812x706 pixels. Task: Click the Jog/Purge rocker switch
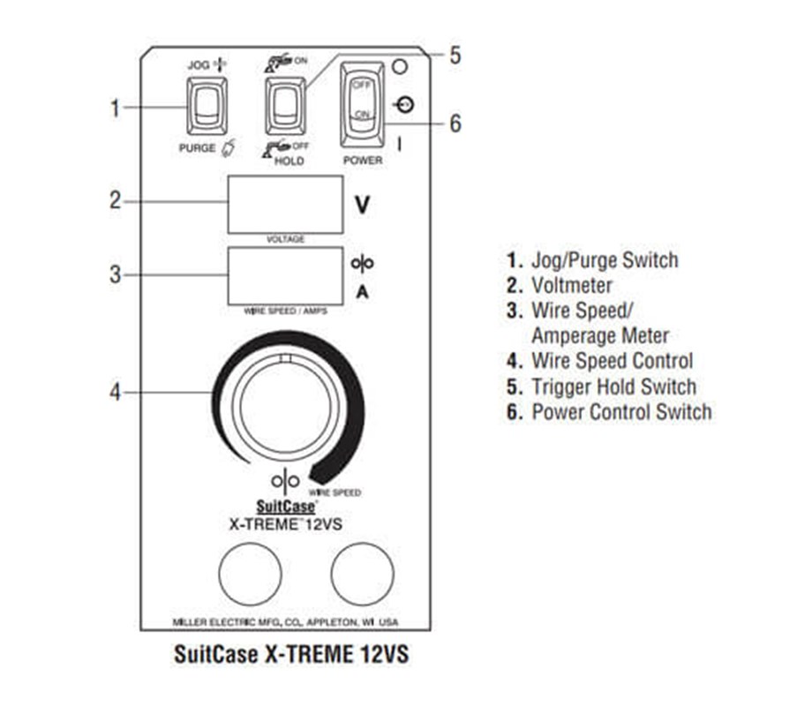click(x=207, y=106)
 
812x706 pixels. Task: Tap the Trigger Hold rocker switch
click(x=285, y=106)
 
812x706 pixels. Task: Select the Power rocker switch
click(x=363, y=105)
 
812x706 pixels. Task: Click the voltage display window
click(x=285, y=205)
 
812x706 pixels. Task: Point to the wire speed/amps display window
click(x=285, y=276)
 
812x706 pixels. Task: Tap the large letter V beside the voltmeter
click(x=363, y=205)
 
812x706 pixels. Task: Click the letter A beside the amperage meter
click(x=363, y=293)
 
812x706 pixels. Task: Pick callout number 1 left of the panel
click(x=115, y=109)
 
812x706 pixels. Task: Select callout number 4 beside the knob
click(x=115, y=392)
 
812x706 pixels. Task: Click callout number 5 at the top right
click(x=455, y=56)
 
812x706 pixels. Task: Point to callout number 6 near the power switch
click(x=455, y=124)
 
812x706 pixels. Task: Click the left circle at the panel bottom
click(x=250, y=574)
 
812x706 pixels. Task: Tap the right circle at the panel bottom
click(x=363, y=574)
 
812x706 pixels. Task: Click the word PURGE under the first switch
click(x=198, y=148)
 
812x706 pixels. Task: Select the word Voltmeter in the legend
click(x=572, y=285)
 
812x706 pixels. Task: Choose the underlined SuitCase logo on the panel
click(x=286, y=507)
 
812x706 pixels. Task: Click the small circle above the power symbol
click(x=400, y=66)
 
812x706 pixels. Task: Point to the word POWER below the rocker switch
click(x=363, y=161)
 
